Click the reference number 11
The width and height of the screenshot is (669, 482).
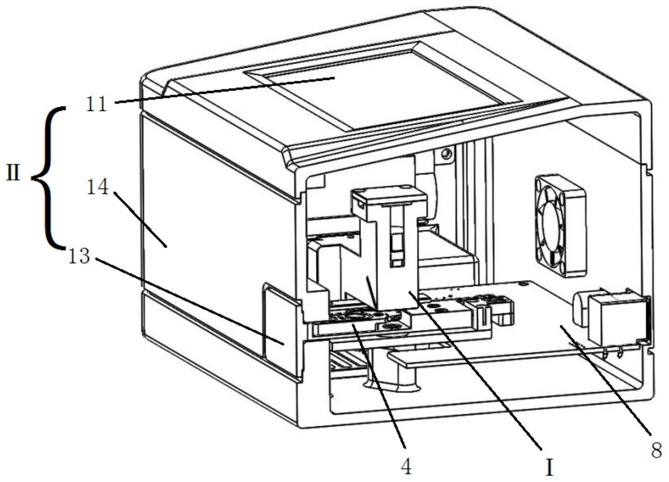pyautogui.click(x=96, y=104)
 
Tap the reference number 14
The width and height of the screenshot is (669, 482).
pyautogui.click(x=98, y=188)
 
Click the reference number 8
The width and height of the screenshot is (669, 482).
pyautogui.click(x=656, y=450)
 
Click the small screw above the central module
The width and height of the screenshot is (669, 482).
pyautogui.click(x=446, y=153)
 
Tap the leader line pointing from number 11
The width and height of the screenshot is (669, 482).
pyautogui.click(x=223, y=91)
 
